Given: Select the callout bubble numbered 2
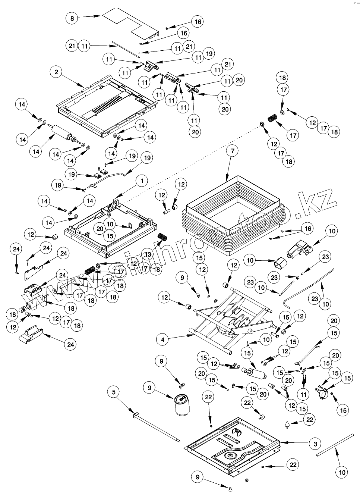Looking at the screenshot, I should pyautogui.click(x=56, y=72).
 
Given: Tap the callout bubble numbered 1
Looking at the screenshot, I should pyautogui.click(x=142, y=181).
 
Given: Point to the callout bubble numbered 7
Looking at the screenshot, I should pyautogui.click(x=233, y=151).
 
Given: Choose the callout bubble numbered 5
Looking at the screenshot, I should pyautogui.click(x=114, y=392).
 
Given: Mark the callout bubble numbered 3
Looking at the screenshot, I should pyautogui.click(x=315, y=444).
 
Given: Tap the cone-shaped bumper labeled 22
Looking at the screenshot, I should pyautogui.click(x=287, y=425).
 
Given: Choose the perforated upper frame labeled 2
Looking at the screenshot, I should pyautogui.click(x=104, y=103).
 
